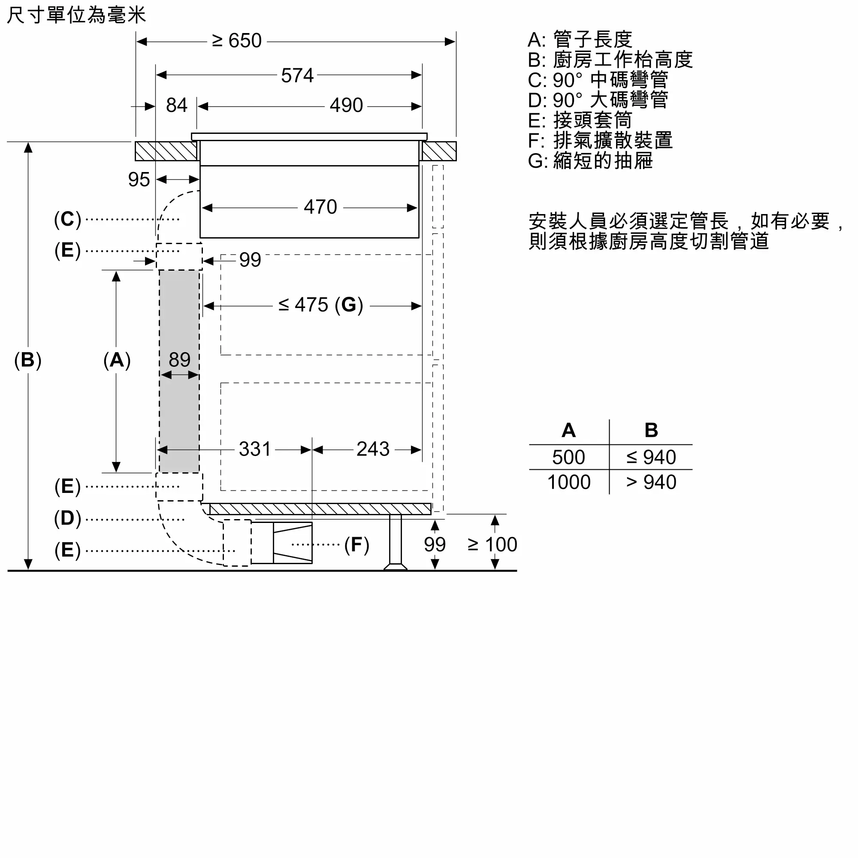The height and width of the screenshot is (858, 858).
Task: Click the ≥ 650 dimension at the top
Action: pyautogui.click(x=237, y=41)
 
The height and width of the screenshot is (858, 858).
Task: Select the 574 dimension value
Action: pyautogui.click(x=297, y=76)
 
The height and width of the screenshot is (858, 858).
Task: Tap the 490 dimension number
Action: pyautogui.click(x=346, y=105)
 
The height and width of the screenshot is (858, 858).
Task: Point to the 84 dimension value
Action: pyautogui.click(x=176, y=105)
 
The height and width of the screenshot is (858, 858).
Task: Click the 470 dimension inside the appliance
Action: pyautogui.click(x=320, y=207)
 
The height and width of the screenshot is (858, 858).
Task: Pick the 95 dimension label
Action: pyautogui.click(x=139, y=179)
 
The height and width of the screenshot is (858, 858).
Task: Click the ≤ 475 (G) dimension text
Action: pyautogui.click(x=320, y=305)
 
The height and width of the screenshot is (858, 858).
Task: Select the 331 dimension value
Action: pyautogui.click(x=254, y=449)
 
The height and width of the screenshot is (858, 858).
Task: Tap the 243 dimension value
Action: pyautogui.click(x=373, y=449)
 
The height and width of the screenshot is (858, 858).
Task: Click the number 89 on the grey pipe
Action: pyautogui.click(x=179, y=359)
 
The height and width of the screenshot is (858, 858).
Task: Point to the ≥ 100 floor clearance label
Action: pyautogui.click(x=492, y=544)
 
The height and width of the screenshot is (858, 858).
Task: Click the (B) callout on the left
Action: pyautogui.click(x=27, y=360)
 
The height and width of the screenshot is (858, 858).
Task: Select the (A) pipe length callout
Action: pyautogui.click(x=117, y=360)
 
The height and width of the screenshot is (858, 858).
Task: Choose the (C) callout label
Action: pyautogui.click(x=67, y=219)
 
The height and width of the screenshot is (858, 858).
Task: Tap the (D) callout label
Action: pyautogui.click(x=67, y=518)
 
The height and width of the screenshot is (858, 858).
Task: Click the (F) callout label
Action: pyautogui.click(x=356, y=545)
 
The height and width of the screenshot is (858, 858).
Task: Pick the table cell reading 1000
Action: pyautogui.click(x=569, y=482)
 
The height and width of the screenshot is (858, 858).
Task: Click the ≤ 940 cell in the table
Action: pyautogui.click(x=651, y=457)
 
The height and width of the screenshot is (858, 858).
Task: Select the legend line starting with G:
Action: pyautogui.click(x=590, y=161)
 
